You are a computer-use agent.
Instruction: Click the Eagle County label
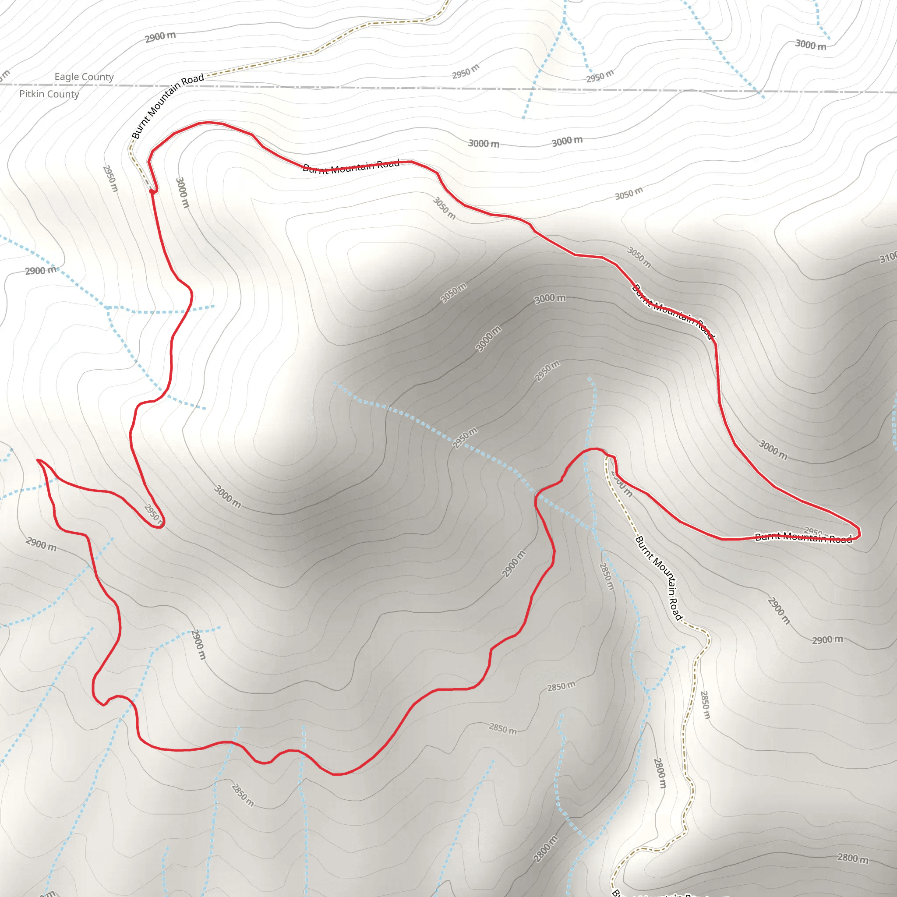point(84,77)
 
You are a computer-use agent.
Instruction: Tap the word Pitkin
point(32,94)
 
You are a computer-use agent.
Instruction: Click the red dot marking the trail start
point(152,191)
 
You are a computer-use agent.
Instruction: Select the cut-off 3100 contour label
point(888,257)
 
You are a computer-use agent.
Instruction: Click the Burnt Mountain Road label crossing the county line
point(168,106)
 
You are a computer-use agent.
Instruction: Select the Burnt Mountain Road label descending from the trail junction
point(659,578)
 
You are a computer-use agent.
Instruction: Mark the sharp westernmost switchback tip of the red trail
point(38,461)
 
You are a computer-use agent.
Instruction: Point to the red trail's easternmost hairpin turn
point(859,532)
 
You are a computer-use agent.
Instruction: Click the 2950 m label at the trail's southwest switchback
point(154,515)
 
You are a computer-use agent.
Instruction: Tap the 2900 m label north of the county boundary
point(160,37)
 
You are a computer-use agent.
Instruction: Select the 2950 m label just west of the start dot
point(110,178)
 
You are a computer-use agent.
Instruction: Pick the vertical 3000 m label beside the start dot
point(182,192)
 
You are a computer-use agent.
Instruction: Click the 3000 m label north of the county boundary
point(811,45)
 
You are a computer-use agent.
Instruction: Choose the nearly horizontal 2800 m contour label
point(852,858)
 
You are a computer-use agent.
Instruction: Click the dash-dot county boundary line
point(418,88)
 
